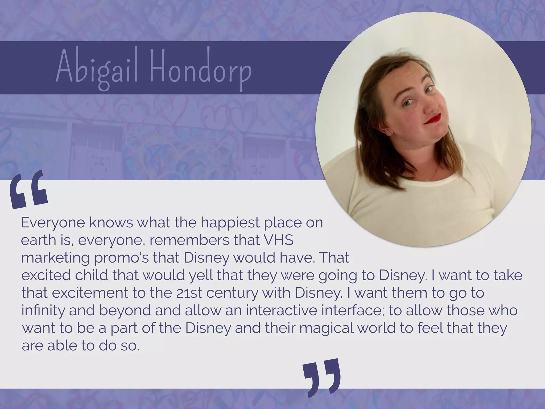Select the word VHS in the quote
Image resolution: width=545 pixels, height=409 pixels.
pyautogui.click(x=278, y=240)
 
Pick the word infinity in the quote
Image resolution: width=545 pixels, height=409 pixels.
pyautogui.click(x=43, y=310)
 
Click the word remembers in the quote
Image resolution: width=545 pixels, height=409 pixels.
pyautogui.click(x=189, y=240)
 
